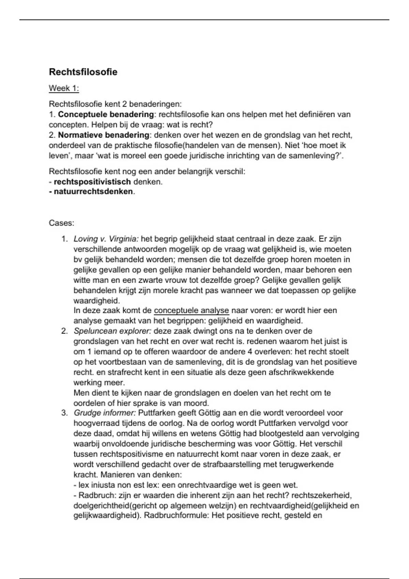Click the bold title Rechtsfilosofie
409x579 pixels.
[x=83, y=72]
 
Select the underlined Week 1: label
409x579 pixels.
[x=64, y=89]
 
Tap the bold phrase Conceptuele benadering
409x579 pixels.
[x=106, y=114]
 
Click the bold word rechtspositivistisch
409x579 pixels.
[x=92, y=182]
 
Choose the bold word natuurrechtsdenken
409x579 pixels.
[x=93, y=192]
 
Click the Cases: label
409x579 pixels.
[x=61, y=223]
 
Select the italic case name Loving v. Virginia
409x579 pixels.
[x=106, y=239]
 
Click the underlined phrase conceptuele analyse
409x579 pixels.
[x=192, y=311]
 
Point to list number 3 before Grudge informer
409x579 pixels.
[x=64, y=413]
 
